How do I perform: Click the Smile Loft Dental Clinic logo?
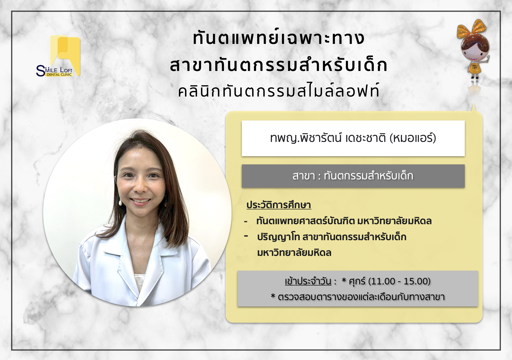click(x=58, y=56)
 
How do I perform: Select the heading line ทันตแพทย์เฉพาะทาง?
click(x=278, y=38)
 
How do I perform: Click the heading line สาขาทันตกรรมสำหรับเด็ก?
click(x=278, y=65)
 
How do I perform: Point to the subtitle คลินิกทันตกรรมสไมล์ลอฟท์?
click(x=278, y=90)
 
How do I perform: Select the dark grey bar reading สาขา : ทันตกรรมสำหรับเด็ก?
click(x=353, y=176)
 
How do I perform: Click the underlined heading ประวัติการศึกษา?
click(x=279, y=205)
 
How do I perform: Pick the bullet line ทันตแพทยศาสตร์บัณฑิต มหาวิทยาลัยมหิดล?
click(x=344, y=221)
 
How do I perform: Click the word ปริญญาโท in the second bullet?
click(x=278, y=237)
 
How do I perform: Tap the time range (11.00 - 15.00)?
click(x=399, y=281)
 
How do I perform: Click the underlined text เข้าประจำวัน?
click(x=308, y=281)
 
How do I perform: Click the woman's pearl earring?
click(x=120, y=202)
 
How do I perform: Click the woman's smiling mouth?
click(x=141, y=201)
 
